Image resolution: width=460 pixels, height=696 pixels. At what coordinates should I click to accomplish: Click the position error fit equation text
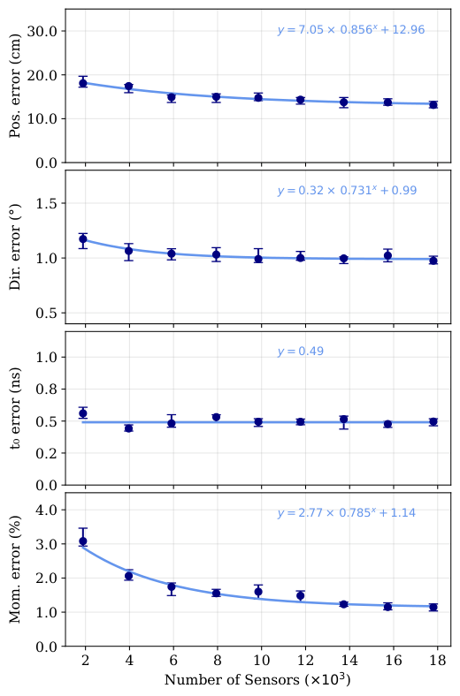tap(350, 30)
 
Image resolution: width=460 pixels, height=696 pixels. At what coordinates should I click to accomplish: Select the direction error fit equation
tap(347, 191)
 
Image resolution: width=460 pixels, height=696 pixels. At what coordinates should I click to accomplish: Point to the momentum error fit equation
tap(347, 512)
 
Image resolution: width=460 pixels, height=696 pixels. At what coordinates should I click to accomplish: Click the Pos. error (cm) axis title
tap(15, 87)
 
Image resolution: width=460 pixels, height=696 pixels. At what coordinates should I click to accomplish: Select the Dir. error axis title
tap(15, 247)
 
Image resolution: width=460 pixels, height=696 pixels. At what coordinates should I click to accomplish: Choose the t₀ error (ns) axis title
tap(15, 408)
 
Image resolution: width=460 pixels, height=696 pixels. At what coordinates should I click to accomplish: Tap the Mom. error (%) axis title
tap(15, 569)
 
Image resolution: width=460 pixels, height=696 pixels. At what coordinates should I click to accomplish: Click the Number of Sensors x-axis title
tap(257, 680)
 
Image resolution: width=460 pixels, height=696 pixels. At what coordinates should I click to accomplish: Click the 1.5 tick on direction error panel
tap(49, 203)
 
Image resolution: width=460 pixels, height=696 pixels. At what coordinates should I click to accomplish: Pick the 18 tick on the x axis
tap(433, 661)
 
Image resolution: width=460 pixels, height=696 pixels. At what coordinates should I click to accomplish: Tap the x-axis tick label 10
tap(258, 661)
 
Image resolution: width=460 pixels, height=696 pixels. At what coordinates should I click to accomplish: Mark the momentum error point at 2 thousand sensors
tap(83, 541)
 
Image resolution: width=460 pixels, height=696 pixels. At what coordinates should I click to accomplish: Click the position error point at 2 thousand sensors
tap(83, 83)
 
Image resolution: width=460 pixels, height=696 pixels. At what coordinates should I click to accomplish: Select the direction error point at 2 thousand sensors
tap(83, 239)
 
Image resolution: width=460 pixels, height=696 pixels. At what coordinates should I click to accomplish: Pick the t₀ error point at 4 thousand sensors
tap(128, 428)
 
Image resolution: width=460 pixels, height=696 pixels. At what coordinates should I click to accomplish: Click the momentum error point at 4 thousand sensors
tap(128, 576)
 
